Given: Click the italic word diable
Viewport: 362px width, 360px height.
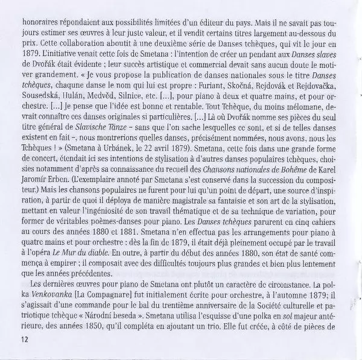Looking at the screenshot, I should click(160, 262).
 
